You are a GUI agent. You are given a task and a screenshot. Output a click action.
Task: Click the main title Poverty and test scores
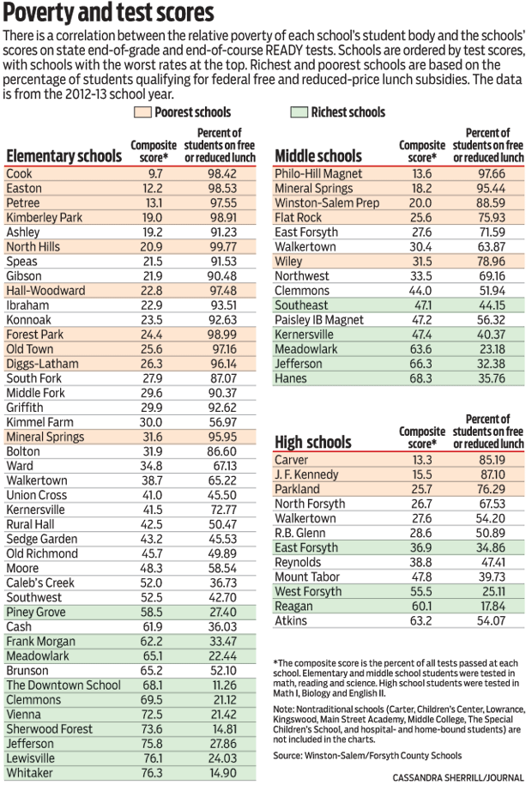108,14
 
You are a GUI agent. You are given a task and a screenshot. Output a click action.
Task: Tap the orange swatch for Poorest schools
142,112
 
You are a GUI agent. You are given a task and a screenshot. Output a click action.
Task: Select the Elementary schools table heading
63,155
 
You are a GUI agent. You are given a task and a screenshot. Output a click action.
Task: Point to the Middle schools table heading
318,155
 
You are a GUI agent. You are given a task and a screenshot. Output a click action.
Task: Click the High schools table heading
313,442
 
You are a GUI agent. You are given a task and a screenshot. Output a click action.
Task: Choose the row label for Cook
19,173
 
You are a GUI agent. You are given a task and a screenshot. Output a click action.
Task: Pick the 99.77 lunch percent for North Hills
221,246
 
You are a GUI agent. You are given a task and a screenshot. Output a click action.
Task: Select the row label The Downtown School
63,685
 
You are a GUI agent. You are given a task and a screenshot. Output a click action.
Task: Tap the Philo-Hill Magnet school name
318,173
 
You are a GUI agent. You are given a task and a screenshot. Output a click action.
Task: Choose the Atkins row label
291,620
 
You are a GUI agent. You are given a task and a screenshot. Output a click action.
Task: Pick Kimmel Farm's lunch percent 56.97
221,421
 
